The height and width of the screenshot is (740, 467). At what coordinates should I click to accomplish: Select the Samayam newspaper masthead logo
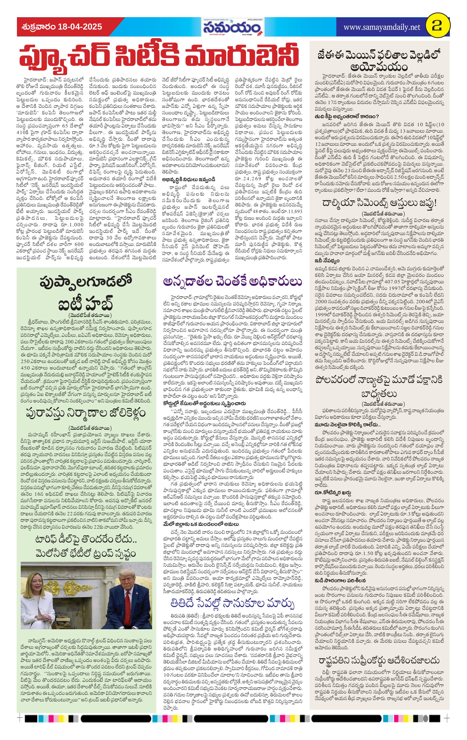coord(233,28)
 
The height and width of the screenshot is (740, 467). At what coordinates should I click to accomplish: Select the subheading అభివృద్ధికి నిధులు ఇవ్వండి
coord(189,179)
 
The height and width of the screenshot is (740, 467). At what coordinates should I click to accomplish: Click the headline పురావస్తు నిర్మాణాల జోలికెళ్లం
coord(86,412)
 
